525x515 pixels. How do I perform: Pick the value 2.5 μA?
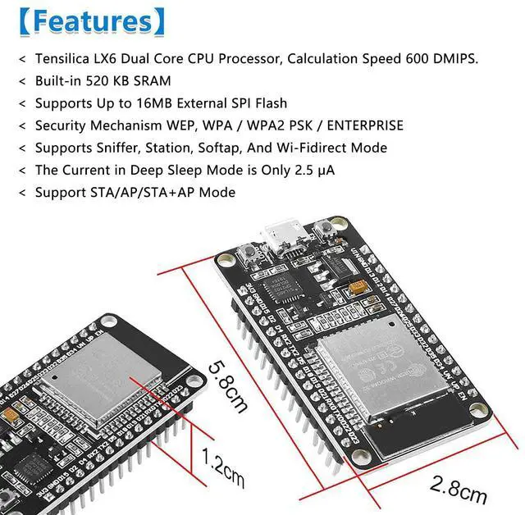(x=313, y=170)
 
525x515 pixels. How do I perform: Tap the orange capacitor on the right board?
(x=358, y=288)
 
